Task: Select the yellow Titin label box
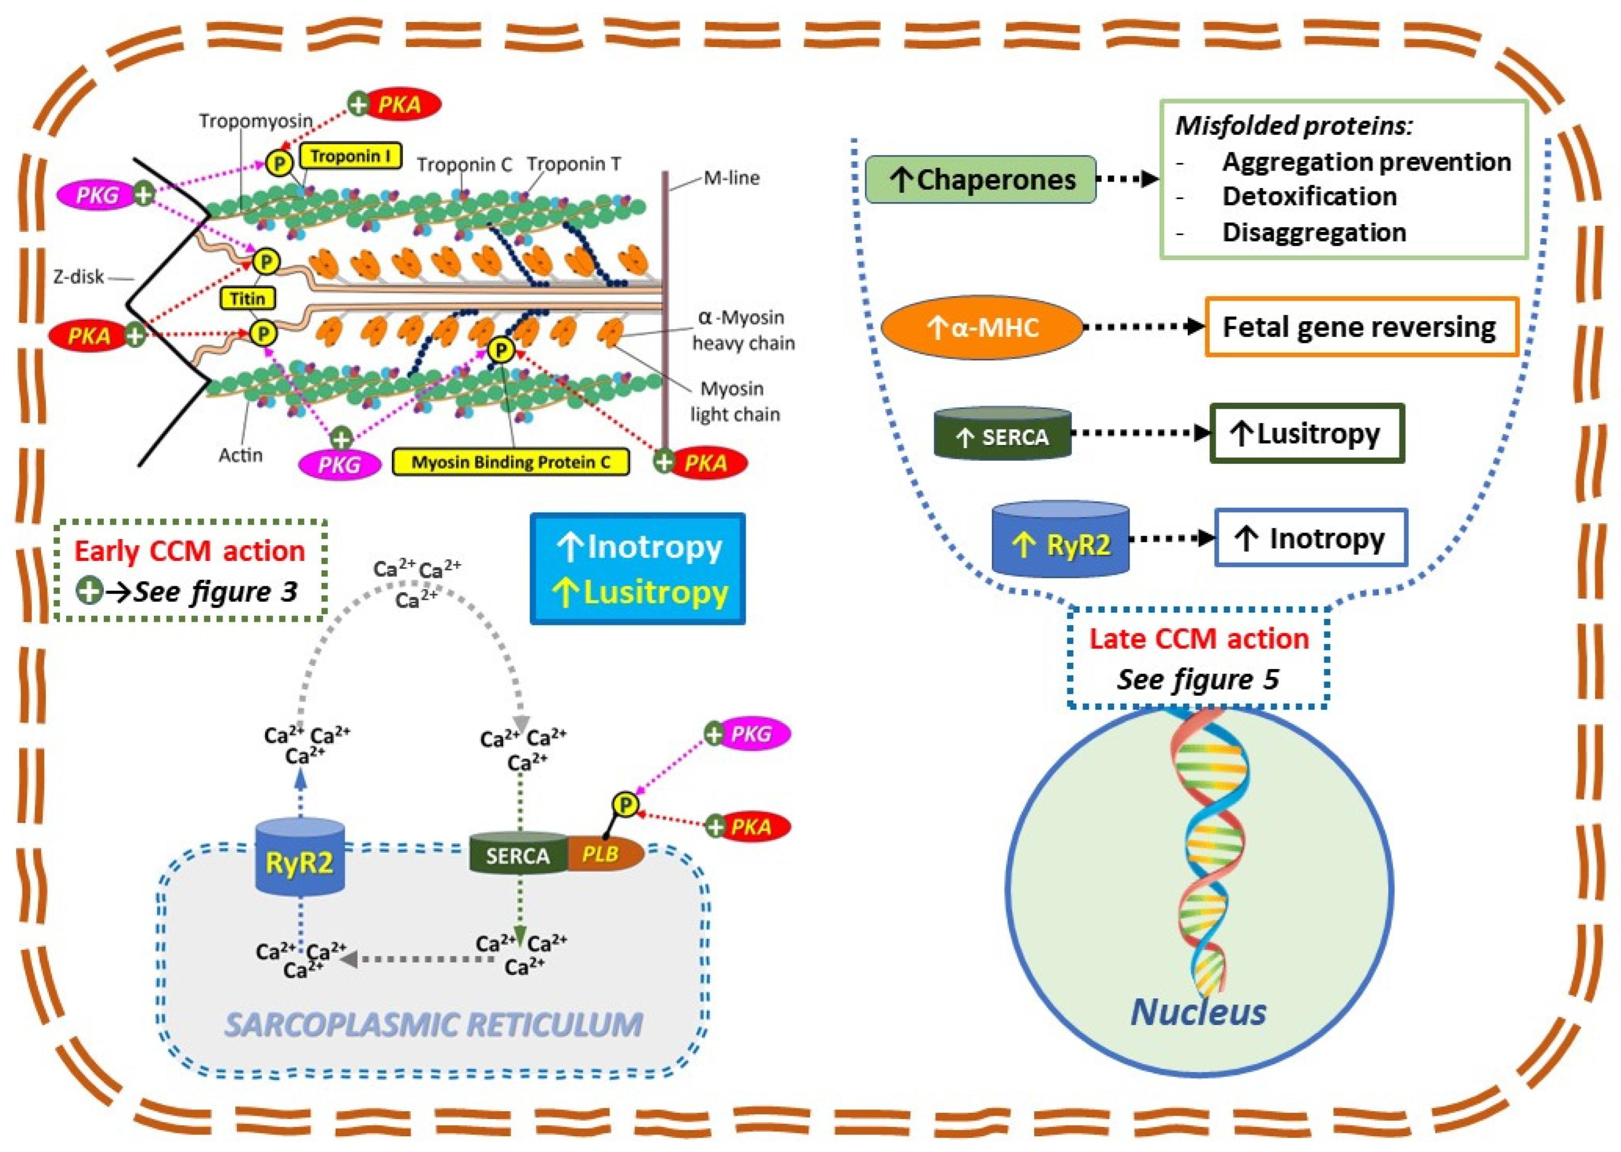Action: [x=247, y=298]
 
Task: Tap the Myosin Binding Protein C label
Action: [x=511, y=463]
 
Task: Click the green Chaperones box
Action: [x=981, y=179]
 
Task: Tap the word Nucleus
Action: [x=1198, y=1012]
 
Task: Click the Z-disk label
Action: [x=78, y=277]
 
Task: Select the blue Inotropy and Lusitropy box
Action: [x=637, y=569]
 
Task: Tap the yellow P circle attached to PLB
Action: [x=625, y=804]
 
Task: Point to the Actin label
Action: [x=240, y=455]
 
